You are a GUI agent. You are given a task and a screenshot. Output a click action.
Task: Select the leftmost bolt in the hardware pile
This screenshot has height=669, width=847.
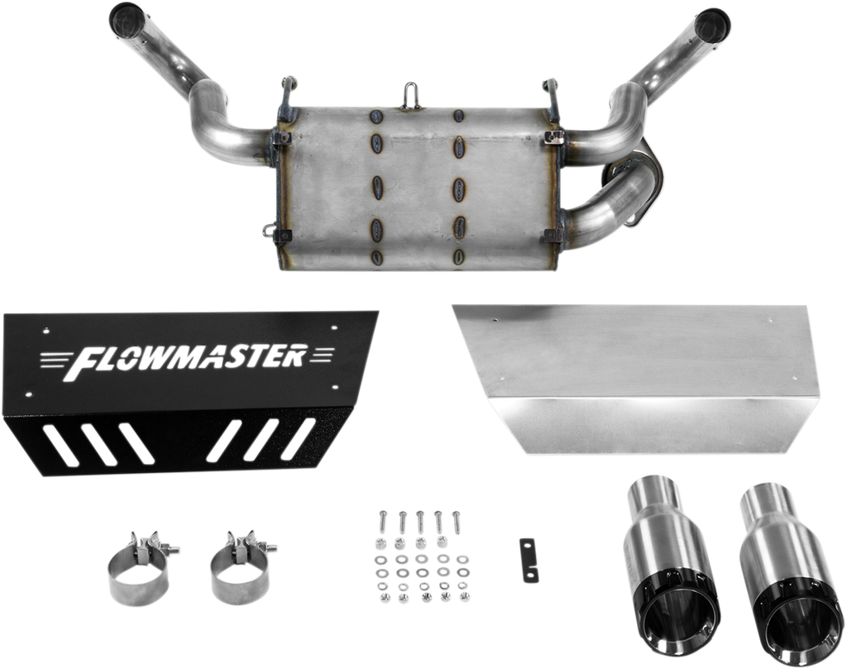pos(382,521)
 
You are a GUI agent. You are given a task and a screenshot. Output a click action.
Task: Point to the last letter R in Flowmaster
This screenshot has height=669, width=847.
pos(294,356)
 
